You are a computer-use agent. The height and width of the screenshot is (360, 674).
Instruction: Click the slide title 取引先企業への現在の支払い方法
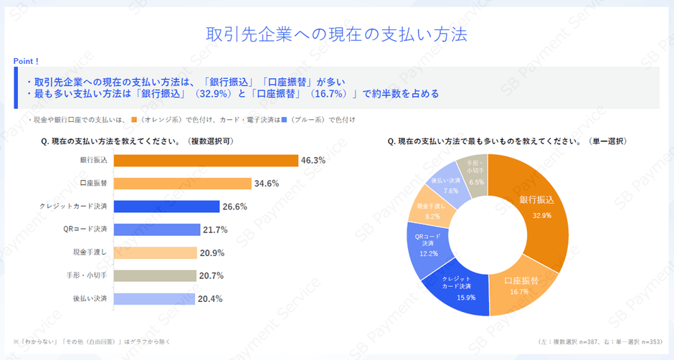[x=336, y=34]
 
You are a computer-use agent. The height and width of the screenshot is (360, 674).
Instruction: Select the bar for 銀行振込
[x=206, y=161]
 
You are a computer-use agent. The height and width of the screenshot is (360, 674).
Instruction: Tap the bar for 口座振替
[x=183, y=184]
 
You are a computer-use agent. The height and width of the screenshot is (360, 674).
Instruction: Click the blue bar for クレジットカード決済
[x=166, y=207]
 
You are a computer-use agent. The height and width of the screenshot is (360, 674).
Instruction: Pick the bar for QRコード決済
[x=157, y=229]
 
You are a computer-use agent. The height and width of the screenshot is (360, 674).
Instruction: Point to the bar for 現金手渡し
[x=155, y=252]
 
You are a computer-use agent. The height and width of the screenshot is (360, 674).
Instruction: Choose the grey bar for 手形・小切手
[x=155, y=275]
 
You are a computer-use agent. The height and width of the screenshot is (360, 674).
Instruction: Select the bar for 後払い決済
[x=154, y=298]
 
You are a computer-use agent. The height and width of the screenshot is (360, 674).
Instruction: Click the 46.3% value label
[x=313, y=161]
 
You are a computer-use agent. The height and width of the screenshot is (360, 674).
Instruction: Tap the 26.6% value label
[x=234, y=207]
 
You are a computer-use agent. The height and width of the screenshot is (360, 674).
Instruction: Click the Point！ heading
[x=27, y=62]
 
